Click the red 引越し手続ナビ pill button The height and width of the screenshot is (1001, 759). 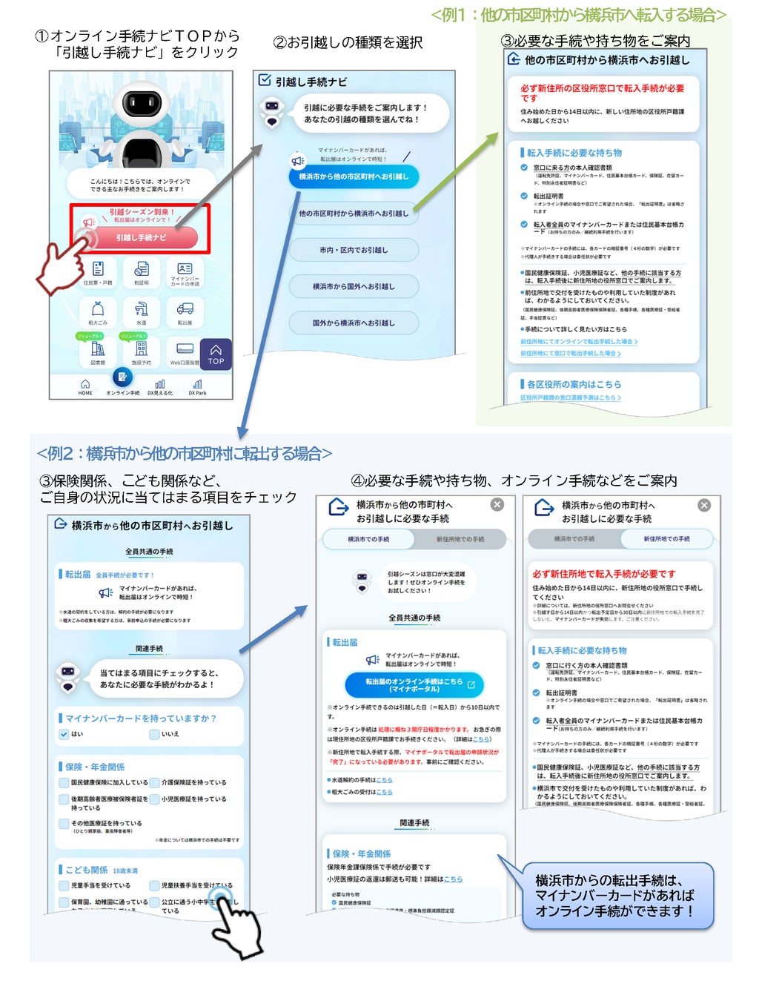[142, 237]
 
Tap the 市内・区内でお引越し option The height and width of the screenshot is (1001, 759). [354, 251]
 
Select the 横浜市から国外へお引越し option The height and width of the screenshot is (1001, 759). [354, 287]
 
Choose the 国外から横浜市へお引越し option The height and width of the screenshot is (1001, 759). [354, 323]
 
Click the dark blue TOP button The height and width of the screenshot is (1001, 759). [216, 354]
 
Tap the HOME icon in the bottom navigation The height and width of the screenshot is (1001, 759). [85, 386]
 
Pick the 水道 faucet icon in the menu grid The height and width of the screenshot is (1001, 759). [141, 311]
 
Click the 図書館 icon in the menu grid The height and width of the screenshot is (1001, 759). [97, 350]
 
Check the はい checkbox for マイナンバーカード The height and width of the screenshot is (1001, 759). [64, 734]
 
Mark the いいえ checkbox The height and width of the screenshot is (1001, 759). [154, 734]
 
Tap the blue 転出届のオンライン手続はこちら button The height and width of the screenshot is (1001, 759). [414, 684]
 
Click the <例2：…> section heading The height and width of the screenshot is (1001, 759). [184, 453]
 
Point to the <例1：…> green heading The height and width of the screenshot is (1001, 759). [578, 15]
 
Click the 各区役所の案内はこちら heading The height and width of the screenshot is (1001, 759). [574, 384]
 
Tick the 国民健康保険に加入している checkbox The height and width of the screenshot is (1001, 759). [64, 782]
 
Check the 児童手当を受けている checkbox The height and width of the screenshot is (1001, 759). [64, 885]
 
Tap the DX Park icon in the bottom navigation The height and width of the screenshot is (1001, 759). [197, 386]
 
